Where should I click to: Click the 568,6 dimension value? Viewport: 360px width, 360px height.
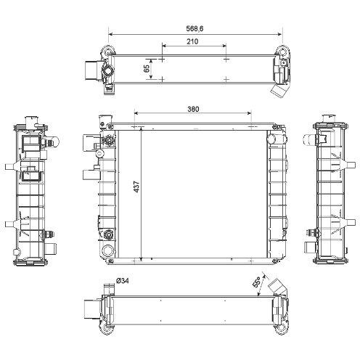[x=195, y=28]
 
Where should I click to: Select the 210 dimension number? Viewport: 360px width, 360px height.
[x=192, y=41]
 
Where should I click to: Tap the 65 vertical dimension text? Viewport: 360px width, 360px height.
[x=147, y=69]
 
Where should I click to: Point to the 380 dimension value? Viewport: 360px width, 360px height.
[x=193, y=109]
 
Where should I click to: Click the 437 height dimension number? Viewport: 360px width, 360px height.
[x=137, y=187]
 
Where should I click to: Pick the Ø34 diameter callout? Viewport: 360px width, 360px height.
[x=123, y=281]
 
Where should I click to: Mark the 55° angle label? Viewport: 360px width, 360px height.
[x=256, y=282]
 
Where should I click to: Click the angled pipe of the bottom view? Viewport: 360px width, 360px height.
[x=278, y=287]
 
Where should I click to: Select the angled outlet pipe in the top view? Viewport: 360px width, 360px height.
[x=279, y=91]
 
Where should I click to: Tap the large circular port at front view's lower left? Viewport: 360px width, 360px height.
[x=107, y=250]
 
